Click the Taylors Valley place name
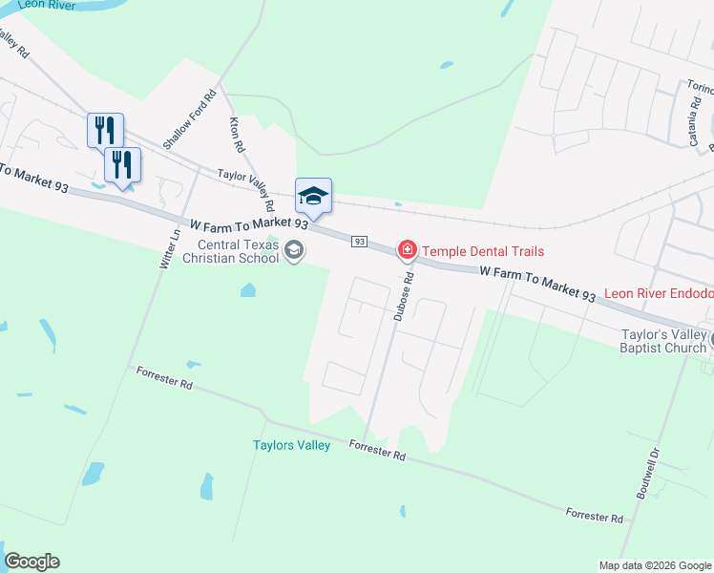[291, 445]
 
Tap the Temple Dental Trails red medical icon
[408, 250]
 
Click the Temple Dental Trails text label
[483, 251]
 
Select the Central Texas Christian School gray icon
[294, 251]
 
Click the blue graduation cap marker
[313, 197]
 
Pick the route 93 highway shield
[359, 242]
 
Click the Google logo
[32, 562]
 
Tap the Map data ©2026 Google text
[655, 565]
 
